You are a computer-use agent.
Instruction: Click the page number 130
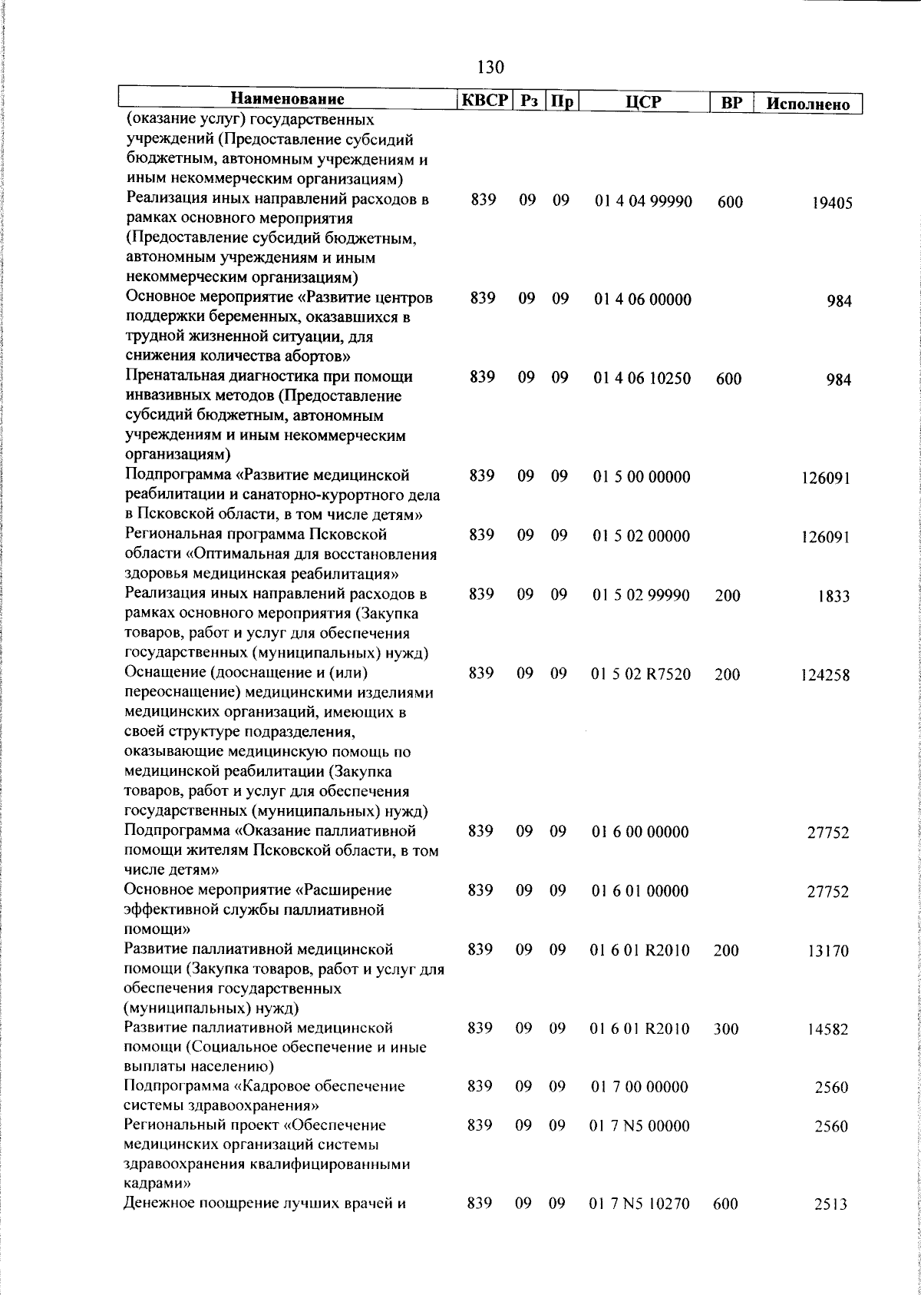pos(490,68)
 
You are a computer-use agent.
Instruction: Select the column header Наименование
pos(288,100)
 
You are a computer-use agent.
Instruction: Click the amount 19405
pos(833,204)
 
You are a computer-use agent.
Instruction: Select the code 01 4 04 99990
pos(643,202)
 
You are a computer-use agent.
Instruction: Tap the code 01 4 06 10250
pos(642,378)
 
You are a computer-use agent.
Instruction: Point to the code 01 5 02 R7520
pos(642,674)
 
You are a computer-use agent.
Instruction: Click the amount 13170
pos(828,952)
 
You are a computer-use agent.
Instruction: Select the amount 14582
pos(828,1030)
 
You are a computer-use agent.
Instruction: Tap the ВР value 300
pos(726,1029)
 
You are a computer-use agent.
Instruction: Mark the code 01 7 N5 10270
pos(639,1204)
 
